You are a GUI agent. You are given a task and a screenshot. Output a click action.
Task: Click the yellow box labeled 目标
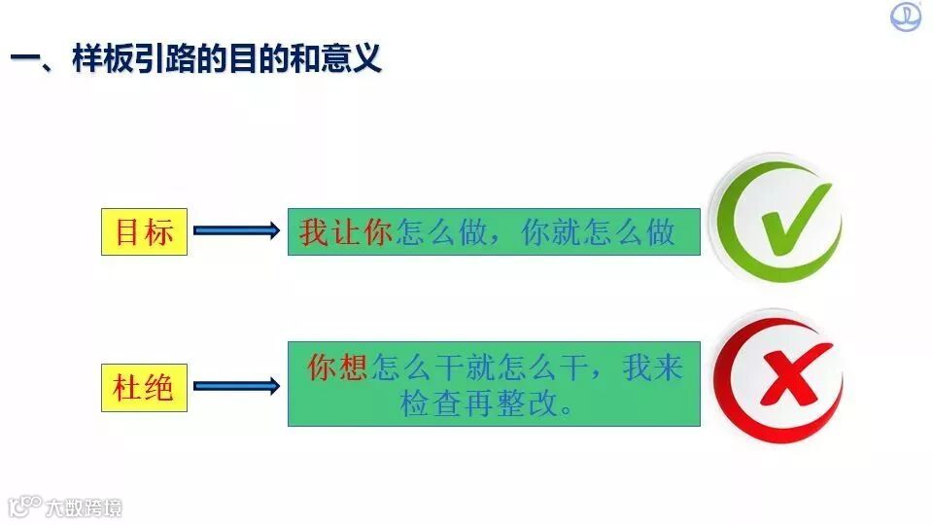click(144, 231)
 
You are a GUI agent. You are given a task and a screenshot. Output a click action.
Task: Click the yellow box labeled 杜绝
click(144, 387)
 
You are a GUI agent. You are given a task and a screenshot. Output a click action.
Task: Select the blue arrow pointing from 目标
click(236, 231)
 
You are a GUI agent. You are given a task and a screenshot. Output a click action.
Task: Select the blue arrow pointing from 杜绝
click(236, 387)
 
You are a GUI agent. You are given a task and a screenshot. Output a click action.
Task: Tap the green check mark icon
click(777, 219)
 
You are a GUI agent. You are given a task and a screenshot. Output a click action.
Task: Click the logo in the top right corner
click(906, 17)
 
